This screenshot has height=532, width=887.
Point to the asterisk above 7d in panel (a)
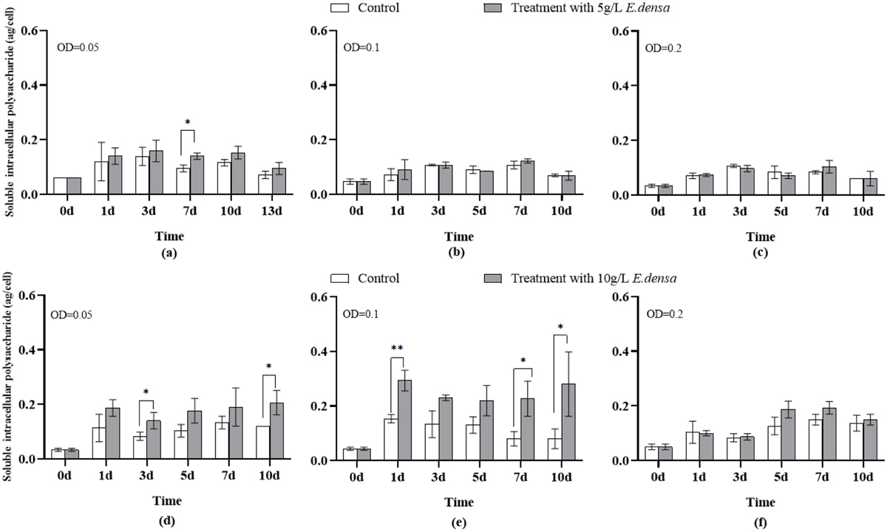[x=186, y=122]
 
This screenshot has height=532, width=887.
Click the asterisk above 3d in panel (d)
[x=146, y=392]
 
